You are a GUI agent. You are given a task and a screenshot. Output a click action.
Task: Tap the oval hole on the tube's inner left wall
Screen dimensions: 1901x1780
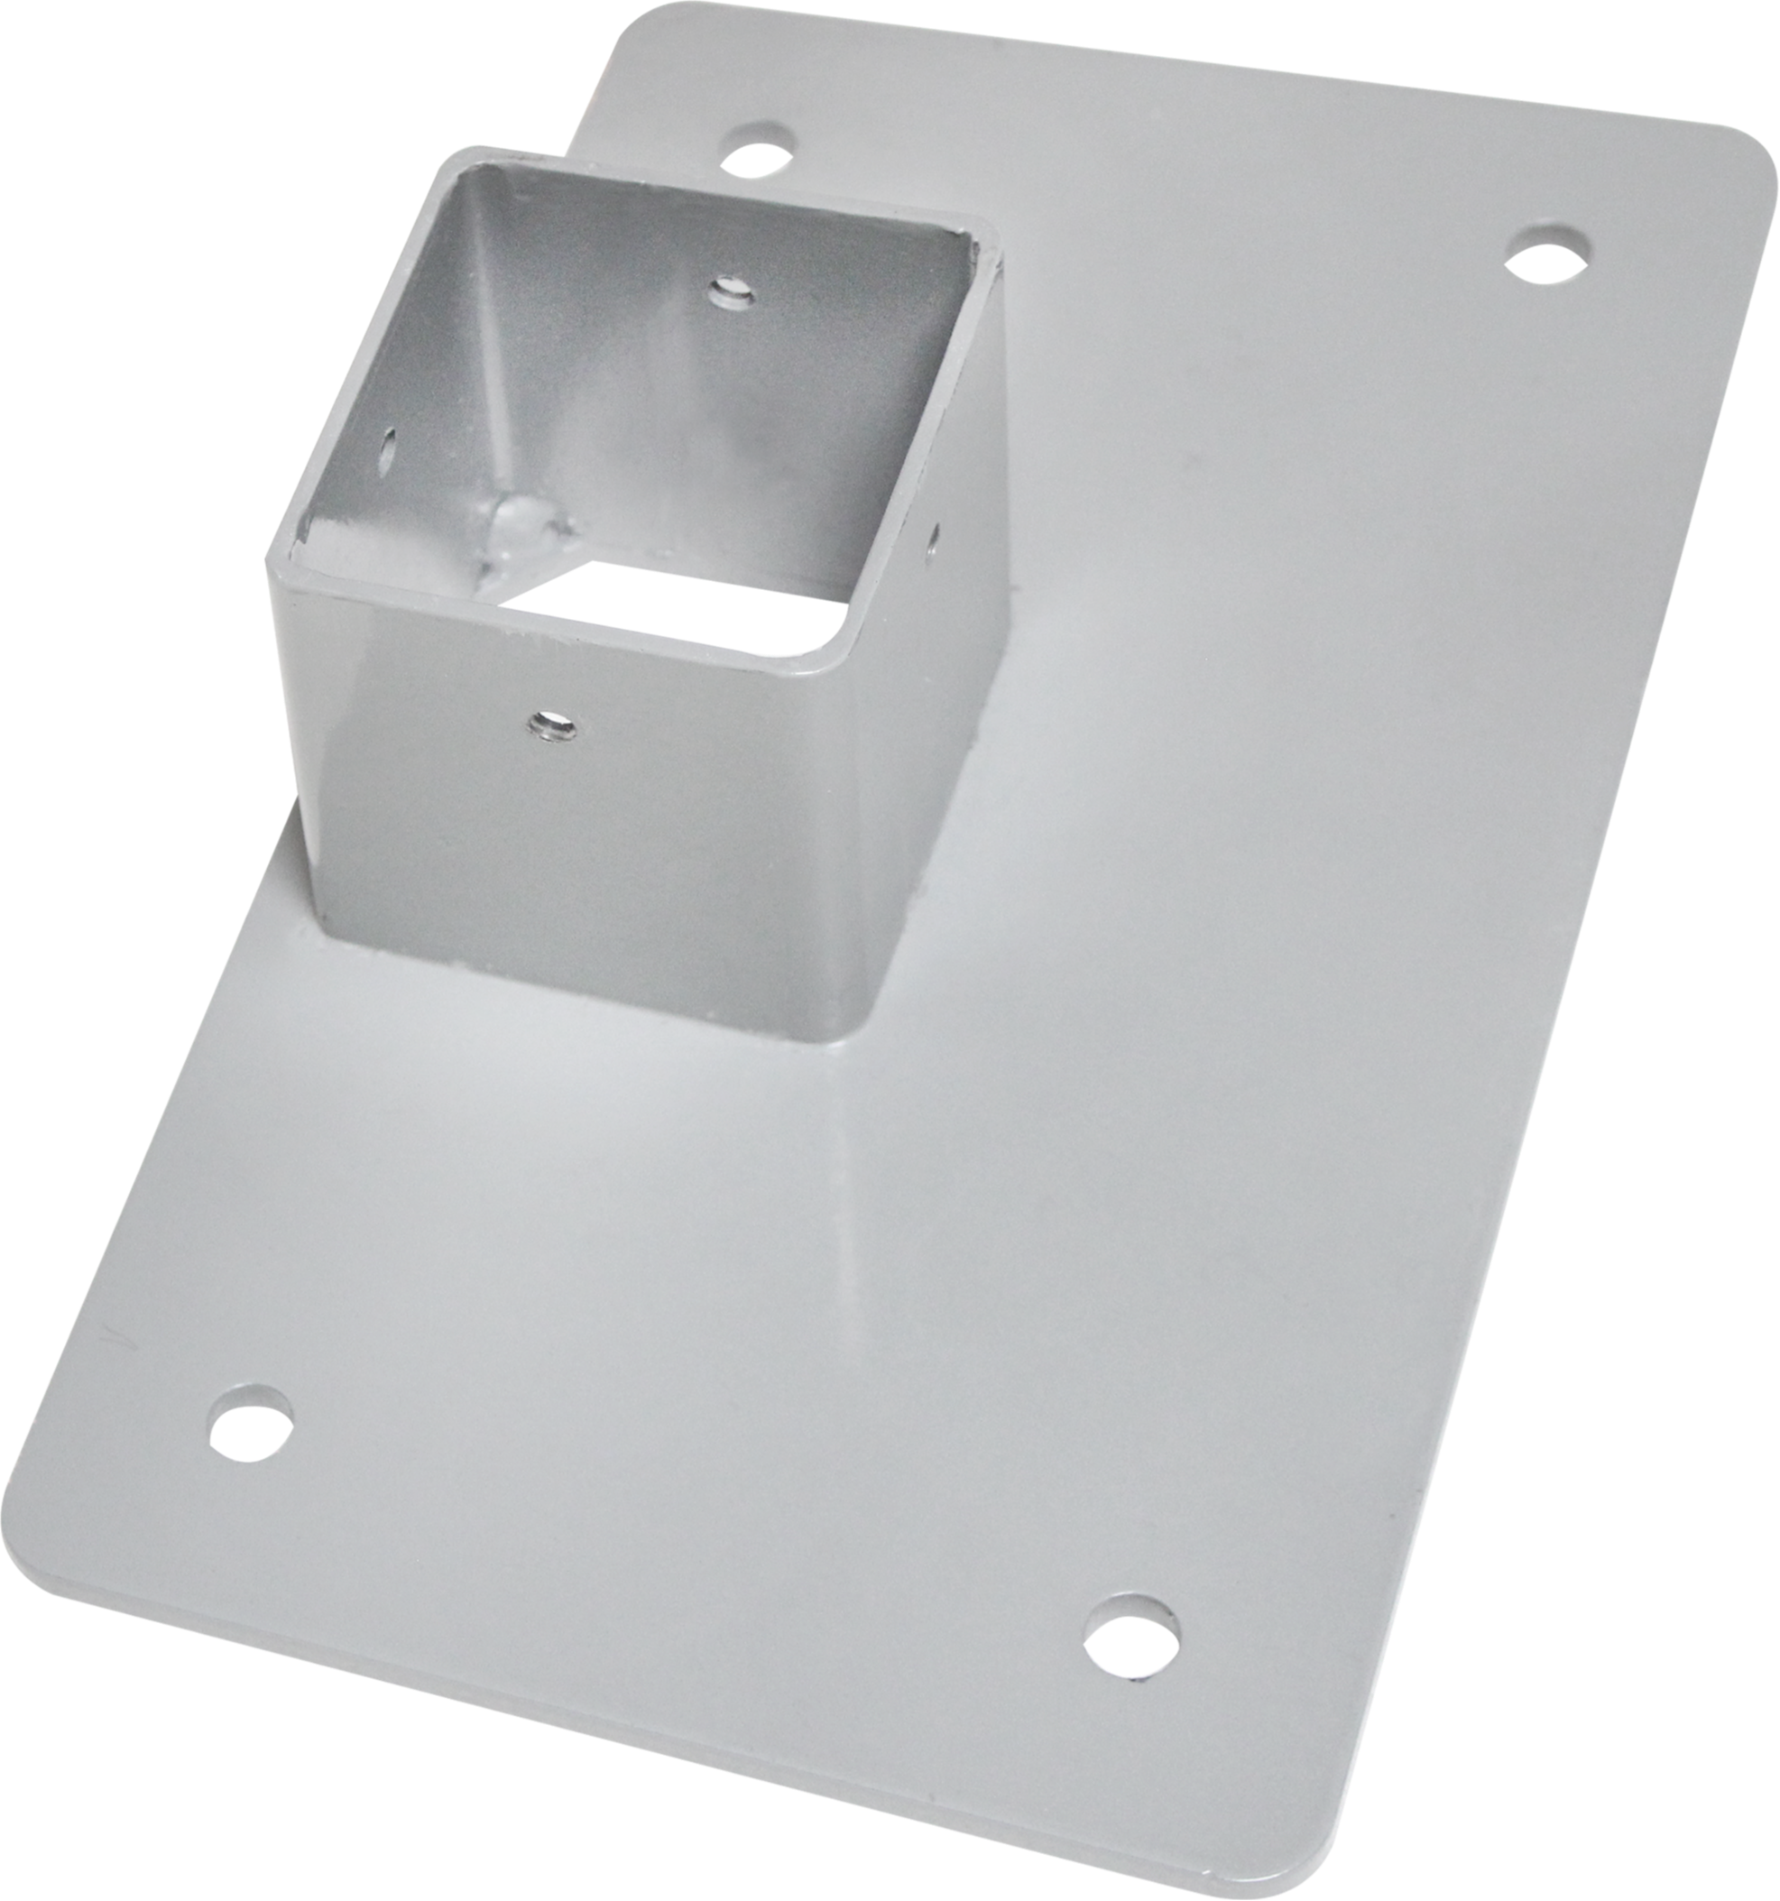point(388,446)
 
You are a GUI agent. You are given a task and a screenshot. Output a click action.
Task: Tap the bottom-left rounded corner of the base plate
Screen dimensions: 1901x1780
point(29,1578)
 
